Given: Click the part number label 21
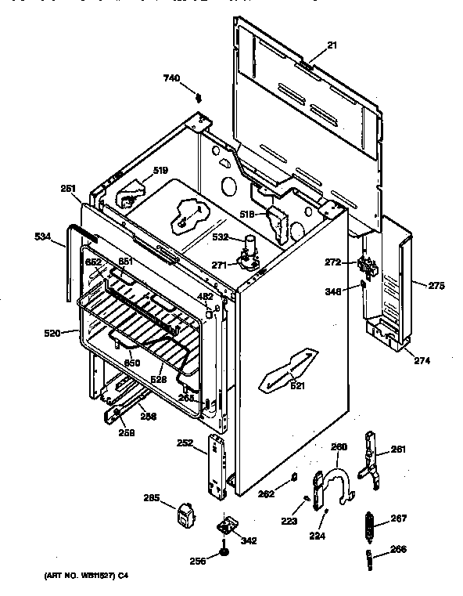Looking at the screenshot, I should (x=332, y=46).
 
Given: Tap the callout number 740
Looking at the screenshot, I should (x=171, y=78).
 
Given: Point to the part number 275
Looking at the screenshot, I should (x=436, y=286).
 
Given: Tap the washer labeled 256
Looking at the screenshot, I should (x=224, y=555).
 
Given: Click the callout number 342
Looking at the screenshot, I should (x=248, y=540).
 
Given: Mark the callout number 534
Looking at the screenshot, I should (x=43, y=235).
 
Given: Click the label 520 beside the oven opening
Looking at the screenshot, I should (x=52, y=333).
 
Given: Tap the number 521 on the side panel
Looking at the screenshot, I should (x=296, y=385).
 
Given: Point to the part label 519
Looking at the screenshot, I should (x=160, y=171).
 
